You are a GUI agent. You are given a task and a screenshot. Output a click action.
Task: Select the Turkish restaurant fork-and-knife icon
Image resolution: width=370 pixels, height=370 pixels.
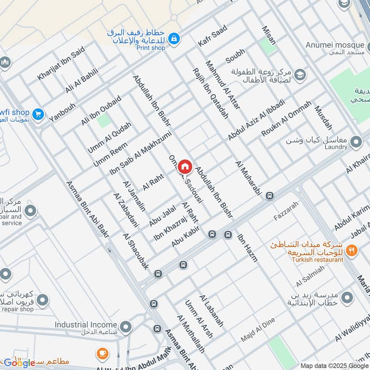click(352, 251)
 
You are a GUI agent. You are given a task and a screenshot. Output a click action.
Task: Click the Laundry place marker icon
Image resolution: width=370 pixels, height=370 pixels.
click(356, 142)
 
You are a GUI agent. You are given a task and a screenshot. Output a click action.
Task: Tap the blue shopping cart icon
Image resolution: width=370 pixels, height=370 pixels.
click(39, 113)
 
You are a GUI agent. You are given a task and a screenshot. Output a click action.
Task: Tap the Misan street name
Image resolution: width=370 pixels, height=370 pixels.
click(269, 35)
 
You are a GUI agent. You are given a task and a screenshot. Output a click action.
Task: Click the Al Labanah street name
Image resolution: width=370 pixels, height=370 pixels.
click(212, 310)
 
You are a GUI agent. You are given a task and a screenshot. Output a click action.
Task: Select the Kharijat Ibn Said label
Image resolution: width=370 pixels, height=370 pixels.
click(61, 63)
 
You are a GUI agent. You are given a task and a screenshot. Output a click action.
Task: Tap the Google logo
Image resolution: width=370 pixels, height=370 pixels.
click(19, 363)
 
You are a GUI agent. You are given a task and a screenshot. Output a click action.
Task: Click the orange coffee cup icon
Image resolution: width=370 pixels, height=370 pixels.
click(103, 355)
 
